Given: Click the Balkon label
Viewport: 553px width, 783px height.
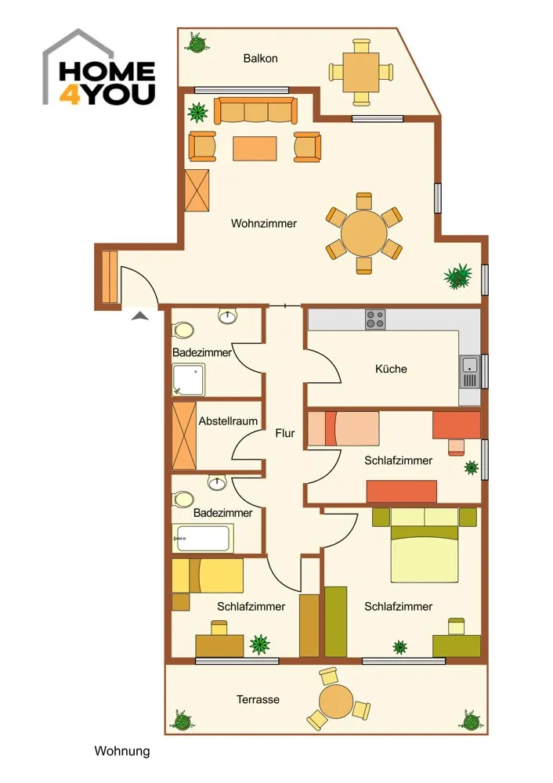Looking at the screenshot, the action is coord(260,59).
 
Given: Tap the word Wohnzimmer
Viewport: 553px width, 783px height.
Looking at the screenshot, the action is coord(264,223).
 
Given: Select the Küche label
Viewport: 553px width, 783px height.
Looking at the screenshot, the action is coord(391,369).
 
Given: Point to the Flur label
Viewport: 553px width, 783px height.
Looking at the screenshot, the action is coord(285,433).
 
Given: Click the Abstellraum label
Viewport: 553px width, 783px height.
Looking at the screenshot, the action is coord(228,421).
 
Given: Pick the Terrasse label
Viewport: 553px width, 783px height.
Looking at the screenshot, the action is coord(258,699).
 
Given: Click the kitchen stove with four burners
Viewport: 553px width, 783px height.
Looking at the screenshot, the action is coord(375,319).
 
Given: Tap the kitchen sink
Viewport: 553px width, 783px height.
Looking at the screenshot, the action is coord(469,372).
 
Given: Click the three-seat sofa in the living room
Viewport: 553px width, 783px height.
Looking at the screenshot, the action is coord(256,110).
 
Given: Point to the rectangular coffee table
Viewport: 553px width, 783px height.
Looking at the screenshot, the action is coord(255,148).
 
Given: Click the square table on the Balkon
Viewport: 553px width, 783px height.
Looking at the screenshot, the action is coord(360,72).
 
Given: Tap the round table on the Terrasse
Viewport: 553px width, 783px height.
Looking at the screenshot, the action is coord(336,700).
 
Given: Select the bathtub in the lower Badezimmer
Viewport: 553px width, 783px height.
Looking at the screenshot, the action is coord(203,539).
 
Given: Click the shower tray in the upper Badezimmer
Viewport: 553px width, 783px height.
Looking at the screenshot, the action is coord(188,380).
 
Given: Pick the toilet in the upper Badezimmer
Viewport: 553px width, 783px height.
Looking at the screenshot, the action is coord(183,330).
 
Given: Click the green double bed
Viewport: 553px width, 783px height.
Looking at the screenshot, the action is coord(425,545).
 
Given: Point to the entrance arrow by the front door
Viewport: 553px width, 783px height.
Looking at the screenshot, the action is coord(140,316).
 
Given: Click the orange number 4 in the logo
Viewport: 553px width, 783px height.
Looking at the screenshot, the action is coord(70,94).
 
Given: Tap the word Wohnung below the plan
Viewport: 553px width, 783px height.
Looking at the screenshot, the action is coord(122,751).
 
